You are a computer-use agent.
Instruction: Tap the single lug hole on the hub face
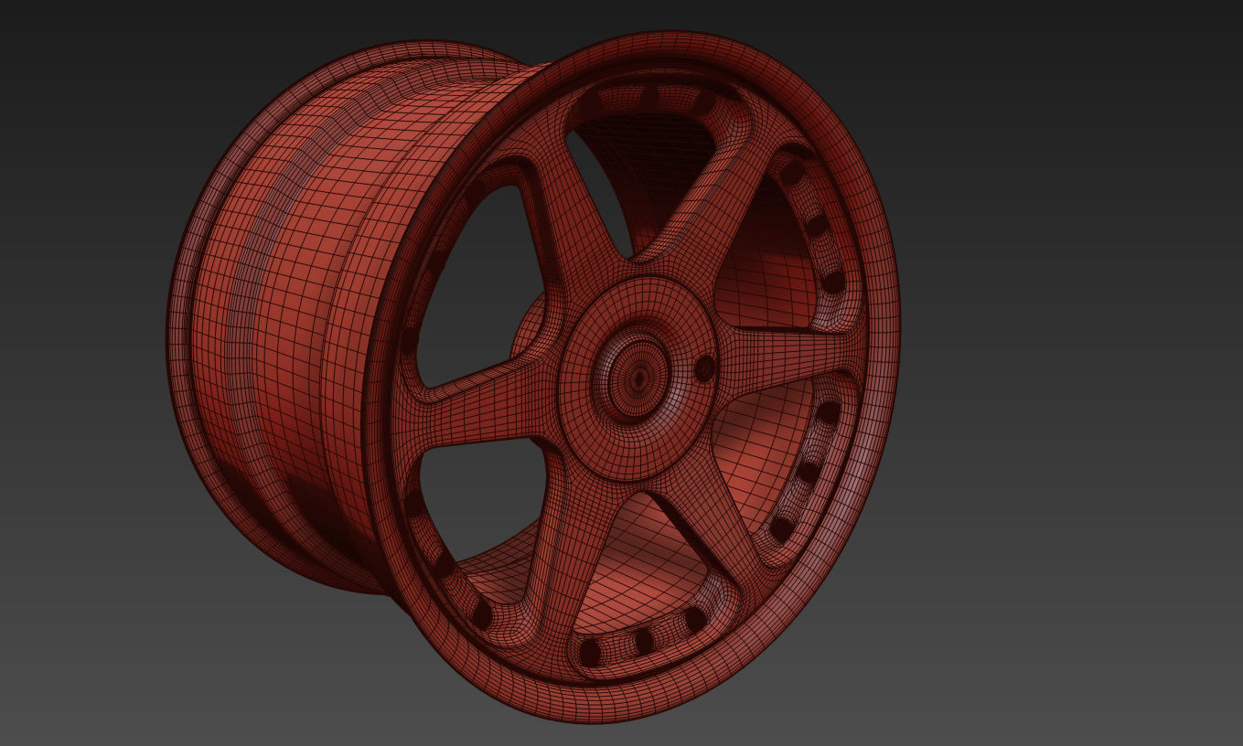(704, 368)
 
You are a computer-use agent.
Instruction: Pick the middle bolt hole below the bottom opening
(644, 641)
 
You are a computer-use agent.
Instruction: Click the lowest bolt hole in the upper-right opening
(833, 281)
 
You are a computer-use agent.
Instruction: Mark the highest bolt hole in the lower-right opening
(827, 411)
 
